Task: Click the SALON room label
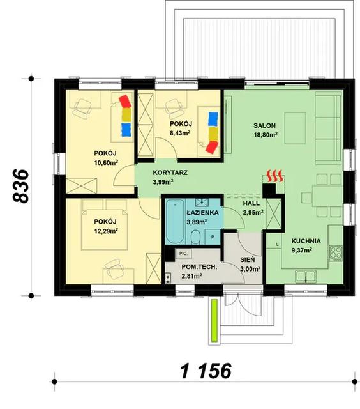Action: [x=264, y=125]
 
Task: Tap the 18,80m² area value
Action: [x=265, y=135]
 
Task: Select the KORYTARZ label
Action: [x=170, y=173]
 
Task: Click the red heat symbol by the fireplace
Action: [x=274, y=176]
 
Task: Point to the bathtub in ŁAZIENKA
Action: [x=175, y=222]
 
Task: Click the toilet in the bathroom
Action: [x=195, y=236]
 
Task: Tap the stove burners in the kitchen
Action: [x=336, y=253]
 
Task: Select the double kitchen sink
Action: [x=306, y=277]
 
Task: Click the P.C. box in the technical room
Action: [x=184, y=253]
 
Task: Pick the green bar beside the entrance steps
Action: [x=214, y=320]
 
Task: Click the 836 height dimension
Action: [x=20, y=186]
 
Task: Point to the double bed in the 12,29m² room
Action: [x=105, y=224]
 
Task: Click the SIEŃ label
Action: [x=248, y=260]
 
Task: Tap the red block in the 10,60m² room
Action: [x=125, y=101]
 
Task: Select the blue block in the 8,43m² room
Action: [x=213, y=119]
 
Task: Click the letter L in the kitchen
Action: [x=277, y=244]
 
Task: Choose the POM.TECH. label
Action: [x=199, y=267]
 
